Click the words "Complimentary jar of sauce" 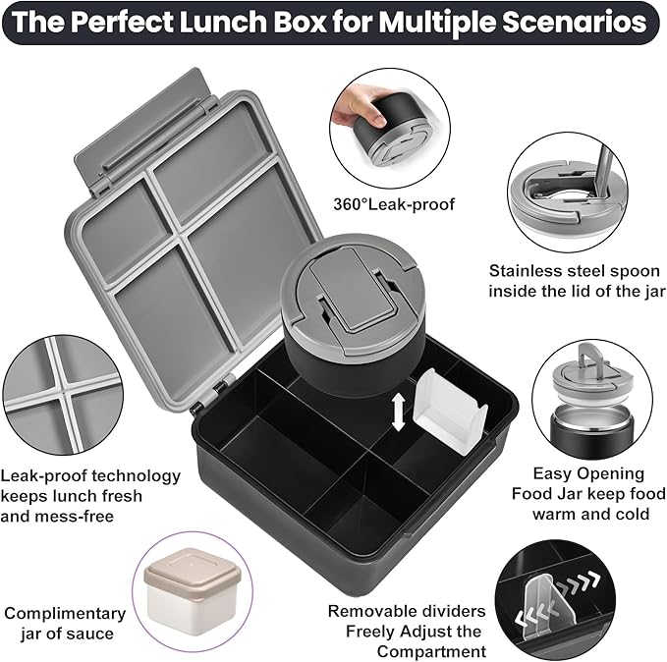(x=65, y=623)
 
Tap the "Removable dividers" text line (x=406, y=611)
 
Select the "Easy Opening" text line (x=588, y=473)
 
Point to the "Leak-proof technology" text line (x=91, y=476)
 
